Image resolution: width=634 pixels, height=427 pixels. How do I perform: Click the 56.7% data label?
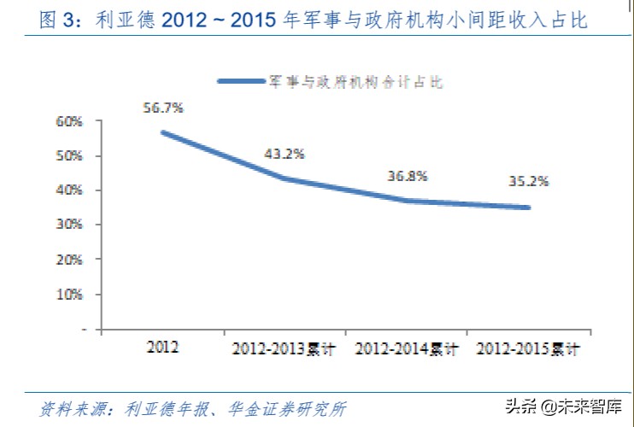click(x=163, y=108)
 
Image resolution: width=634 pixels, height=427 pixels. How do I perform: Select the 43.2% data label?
click(x=284, y=154)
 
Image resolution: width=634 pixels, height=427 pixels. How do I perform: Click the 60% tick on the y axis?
click(x=69, y=122)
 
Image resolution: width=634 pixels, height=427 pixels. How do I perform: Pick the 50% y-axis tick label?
click(x=69, y=156)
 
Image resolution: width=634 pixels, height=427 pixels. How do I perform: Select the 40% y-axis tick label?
click(x=69, y=190)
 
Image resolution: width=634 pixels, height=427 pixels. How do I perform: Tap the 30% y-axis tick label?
click(x=69, y=225)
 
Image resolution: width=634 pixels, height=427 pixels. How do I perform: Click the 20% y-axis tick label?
click(x=69, y=259)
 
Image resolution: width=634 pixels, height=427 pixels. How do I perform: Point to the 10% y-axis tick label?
click(x=69, y=294)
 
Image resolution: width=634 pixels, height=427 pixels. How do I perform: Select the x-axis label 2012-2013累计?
click(x=285, y=349)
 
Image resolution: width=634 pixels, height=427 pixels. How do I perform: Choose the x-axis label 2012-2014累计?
click(x=407, y=349)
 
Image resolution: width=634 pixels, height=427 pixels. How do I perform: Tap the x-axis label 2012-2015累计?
click(x=528, y=349)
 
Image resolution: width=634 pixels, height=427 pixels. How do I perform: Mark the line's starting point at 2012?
click(x=162, y=132)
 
